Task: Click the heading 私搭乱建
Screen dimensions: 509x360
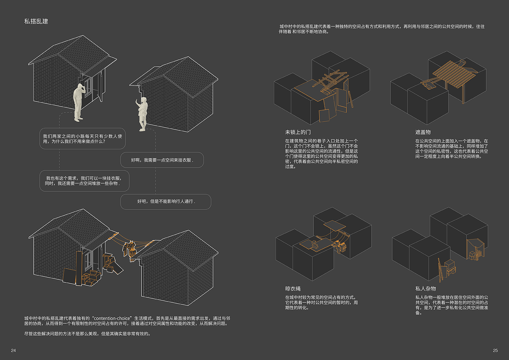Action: click(x=36, y=21)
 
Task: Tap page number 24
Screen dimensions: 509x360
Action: click(x=14, y=350)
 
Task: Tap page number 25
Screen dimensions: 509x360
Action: click(x=495, y=350)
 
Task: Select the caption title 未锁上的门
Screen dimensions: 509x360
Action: click(x=298, y=132)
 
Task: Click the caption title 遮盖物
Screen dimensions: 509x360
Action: click(x=423, y=132)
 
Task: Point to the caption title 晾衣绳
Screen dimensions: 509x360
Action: click(x=293, y=289)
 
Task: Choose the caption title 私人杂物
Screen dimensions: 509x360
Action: click(x=425, y=289)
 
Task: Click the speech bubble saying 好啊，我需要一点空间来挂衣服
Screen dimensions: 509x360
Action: click(x=162, y=160)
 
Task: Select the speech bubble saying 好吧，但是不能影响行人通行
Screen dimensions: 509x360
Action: click(x=166, y=202)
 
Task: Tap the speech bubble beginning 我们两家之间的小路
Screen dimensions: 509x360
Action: click(x=82, y=139)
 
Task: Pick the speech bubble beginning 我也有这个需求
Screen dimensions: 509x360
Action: click(x=84, y=181)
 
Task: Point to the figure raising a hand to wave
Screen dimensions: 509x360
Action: click(x=142, y=114)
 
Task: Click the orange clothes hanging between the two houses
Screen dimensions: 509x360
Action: click(x=130, y=250)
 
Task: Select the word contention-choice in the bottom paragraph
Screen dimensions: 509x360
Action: click(x=112, y=318)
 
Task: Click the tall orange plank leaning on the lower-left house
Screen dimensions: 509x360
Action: click(x=79, y=268)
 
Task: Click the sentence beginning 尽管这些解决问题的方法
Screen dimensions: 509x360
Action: click(x=87, y=334)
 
